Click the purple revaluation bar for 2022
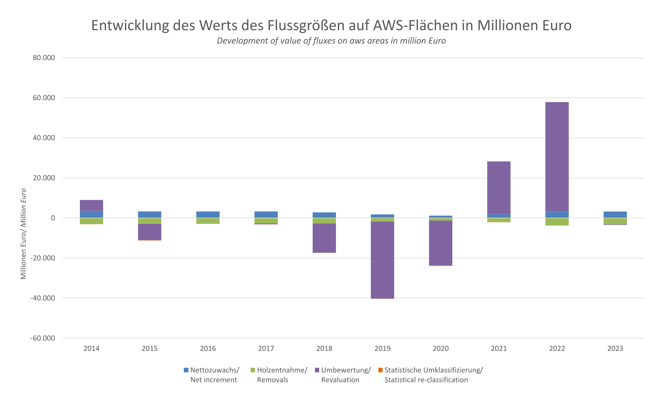[x=557, y=157]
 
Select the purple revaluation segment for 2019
[x=382, y=260]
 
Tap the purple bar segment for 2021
[x=499, y=188]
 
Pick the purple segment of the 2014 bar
[x=91, y=206]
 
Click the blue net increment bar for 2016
[x=208, y=215]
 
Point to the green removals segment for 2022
[x=557, y=222]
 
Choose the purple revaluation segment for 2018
[x=324, y=238]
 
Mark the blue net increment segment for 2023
[x=615, y=215]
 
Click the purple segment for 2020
[x=440, y=243]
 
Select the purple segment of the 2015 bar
[x=149, y=232]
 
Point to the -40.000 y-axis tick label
[x=42, y=298]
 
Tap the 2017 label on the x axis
[x=266, y=349]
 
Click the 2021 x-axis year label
[x=499, y=349]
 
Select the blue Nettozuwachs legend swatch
[x=186, y=370]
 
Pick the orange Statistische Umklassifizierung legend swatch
[x=380, y=370]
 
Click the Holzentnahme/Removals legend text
[x=282, y=375]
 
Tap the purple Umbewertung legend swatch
[x=317, y=370]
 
